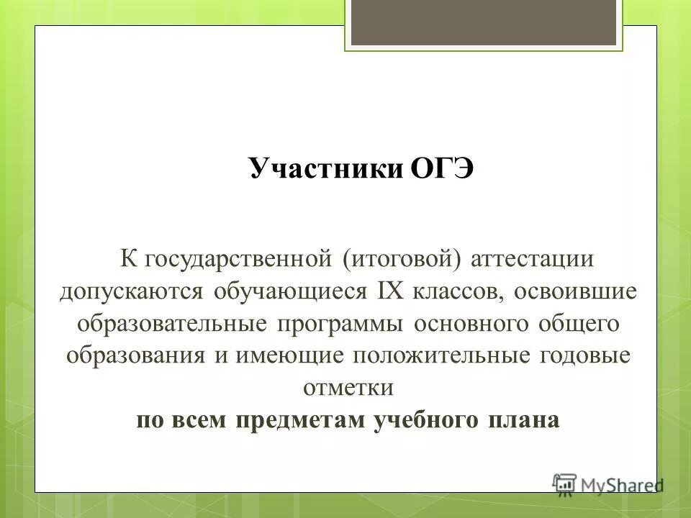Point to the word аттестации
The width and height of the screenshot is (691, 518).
click(532, 258)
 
